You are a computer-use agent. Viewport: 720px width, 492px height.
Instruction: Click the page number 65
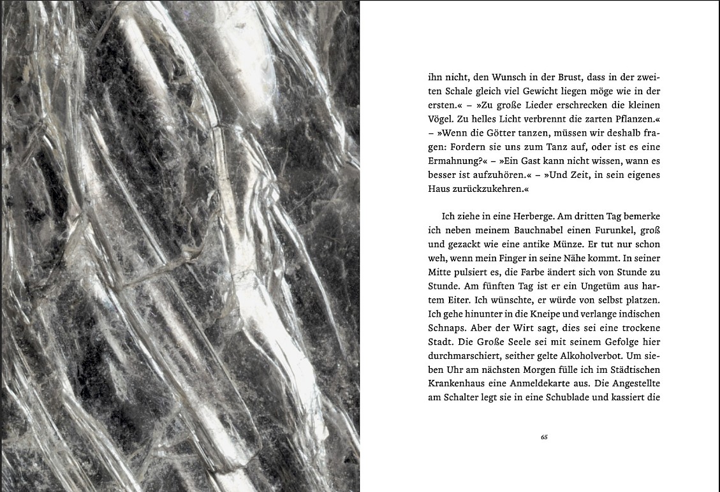[544, 437]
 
